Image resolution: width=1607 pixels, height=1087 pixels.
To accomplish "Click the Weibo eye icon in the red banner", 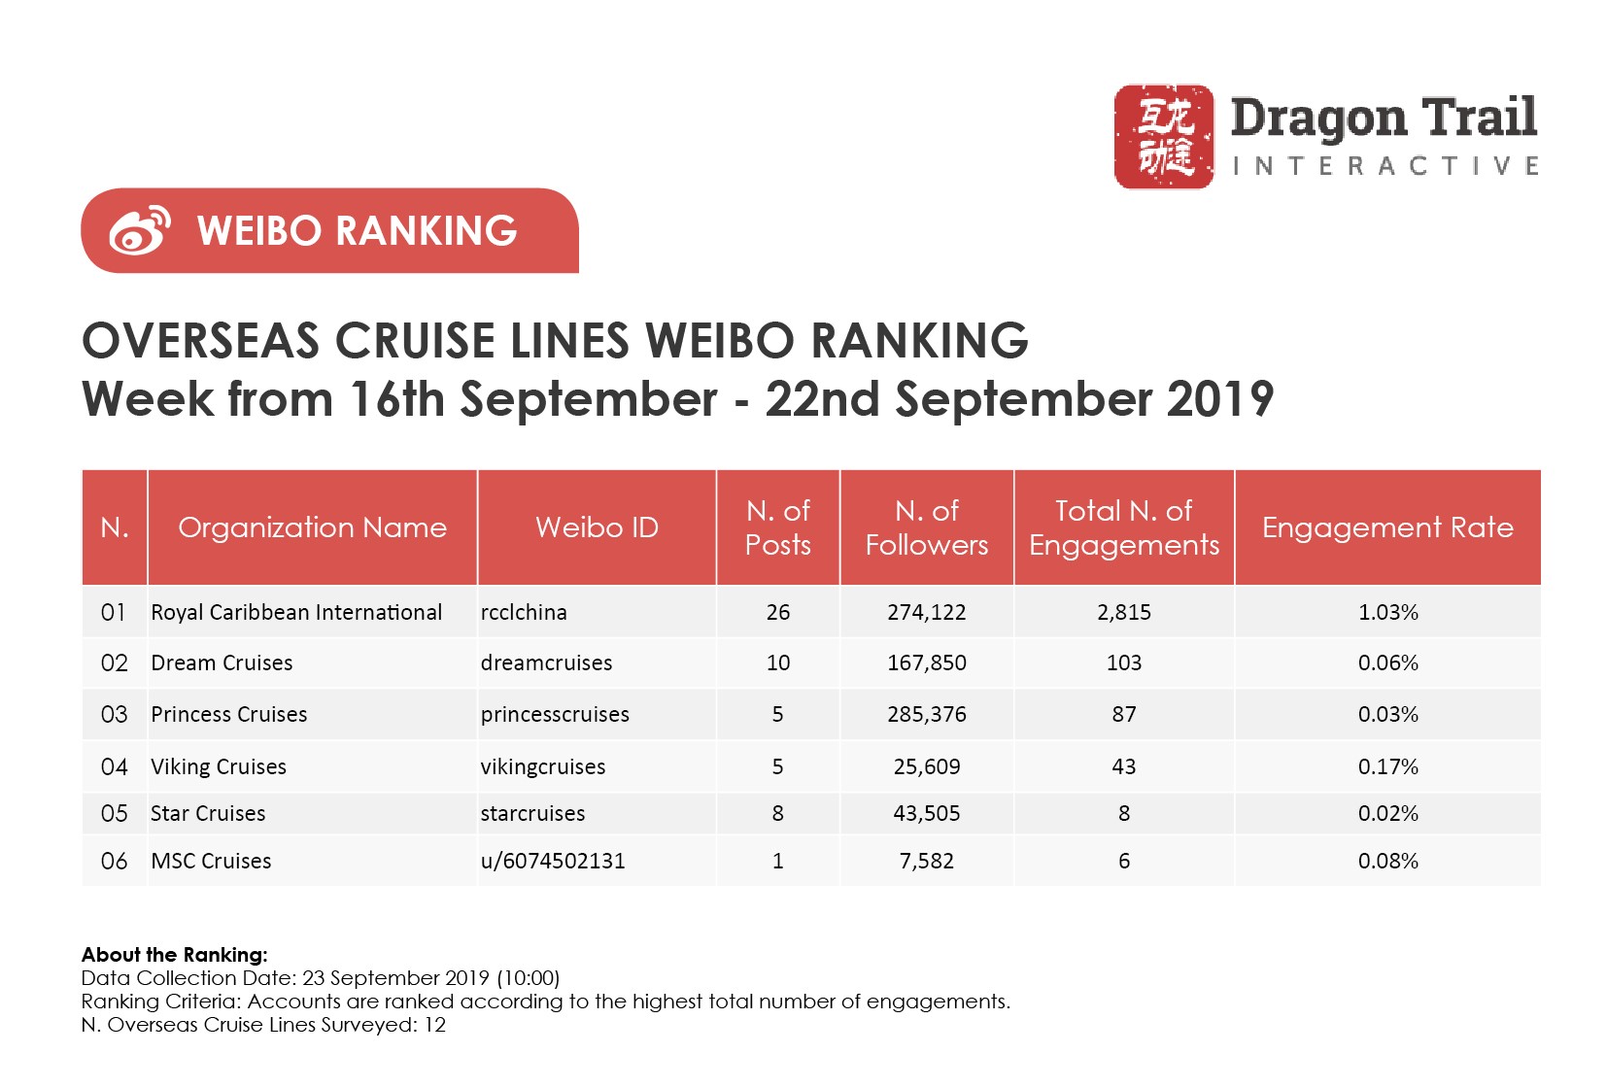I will [139, 230].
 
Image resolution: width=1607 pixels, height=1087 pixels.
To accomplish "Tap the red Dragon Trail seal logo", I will [1163, 136].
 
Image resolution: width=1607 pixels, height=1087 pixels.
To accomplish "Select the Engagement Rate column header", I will [1386, 527].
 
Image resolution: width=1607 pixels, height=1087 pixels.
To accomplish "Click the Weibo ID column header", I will [597, 527].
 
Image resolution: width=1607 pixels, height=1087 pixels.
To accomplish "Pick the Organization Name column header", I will [312, 527].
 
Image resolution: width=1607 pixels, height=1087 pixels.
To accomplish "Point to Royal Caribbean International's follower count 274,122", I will [926, 612].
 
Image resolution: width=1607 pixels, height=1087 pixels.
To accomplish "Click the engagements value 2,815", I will [1123, 612].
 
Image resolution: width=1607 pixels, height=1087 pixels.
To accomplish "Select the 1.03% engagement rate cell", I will [1387, 612].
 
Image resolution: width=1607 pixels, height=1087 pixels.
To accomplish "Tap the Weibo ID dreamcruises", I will [546, 662].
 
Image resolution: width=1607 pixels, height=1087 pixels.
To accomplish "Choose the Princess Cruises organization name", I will [228, 714].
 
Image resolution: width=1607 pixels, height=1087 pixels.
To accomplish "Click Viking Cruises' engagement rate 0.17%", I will [1387, 766].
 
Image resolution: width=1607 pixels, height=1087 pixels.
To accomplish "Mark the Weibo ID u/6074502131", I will [553, 861].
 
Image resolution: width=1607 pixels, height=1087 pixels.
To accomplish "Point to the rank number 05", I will [114, 813].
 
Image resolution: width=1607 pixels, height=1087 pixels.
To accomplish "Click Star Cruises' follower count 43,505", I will [926, 813].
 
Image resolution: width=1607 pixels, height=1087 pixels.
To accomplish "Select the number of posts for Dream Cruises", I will [777, 662].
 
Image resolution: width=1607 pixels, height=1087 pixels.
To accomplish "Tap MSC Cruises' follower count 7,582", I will [926, 861].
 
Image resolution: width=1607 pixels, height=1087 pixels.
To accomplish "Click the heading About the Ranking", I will [174, 954].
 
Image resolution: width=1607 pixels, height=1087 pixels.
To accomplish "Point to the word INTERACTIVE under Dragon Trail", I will [1385, 166].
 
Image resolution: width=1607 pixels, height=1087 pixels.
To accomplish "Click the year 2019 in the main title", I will [1219, 399].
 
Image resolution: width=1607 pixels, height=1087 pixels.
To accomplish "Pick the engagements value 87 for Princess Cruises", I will [1123, 714].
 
